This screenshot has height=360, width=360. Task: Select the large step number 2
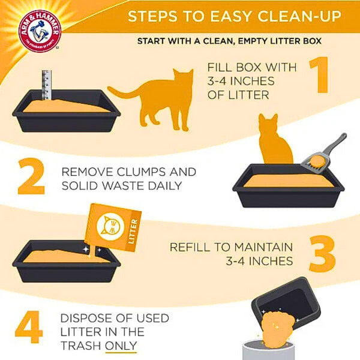tap(31, 176)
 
